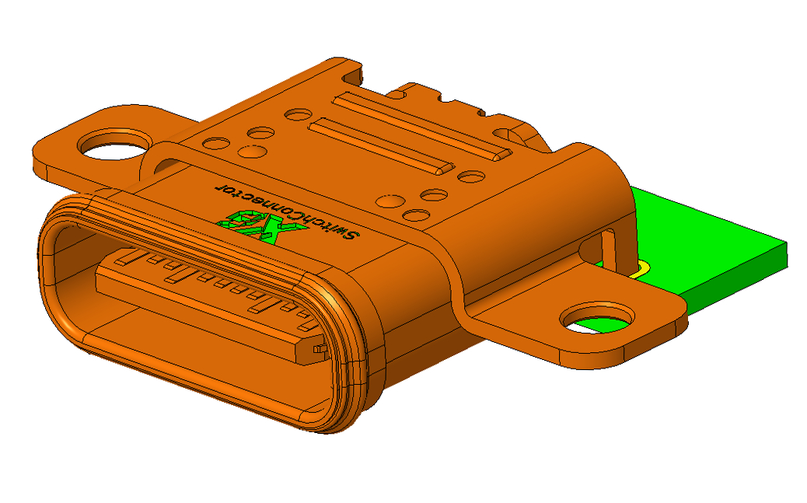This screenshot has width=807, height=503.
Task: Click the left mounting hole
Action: pyautogui.click(x=114, y=145)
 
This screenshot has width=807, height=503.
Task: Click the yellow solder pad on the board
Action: pyautogui.click(x=642, y=269)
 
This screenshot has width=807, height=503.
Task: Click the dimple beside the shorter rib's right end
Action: pyautogui.click(x=471, y=177)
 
